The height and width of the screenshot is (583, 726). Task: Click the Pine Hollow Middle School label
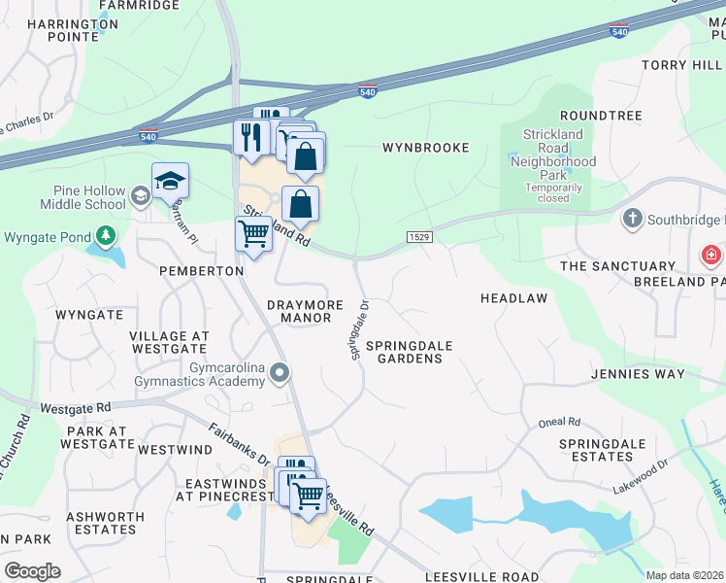(x=82, y=198)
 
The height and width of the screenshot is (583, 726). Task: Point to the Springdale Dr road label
(x=361, y=330)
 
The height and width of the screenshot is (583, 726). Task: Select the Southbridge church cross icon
(x=633, y=219)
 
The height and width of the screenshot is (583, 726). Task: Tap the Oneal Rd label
(x=561, y=422)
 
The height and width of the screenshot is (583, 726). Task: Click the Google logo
(x=32, y=571)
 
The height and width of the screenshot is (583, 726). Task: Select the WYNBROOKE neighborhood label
(x=425, y=148)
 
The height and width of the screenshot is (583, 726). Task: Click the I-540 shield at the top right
(x=619, y=32)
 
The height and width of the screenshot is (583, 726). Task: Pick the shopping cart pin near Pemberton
(x=253, y=233)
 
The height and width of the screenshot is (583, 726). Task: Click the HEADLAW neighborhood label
(x=514, y=298)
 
